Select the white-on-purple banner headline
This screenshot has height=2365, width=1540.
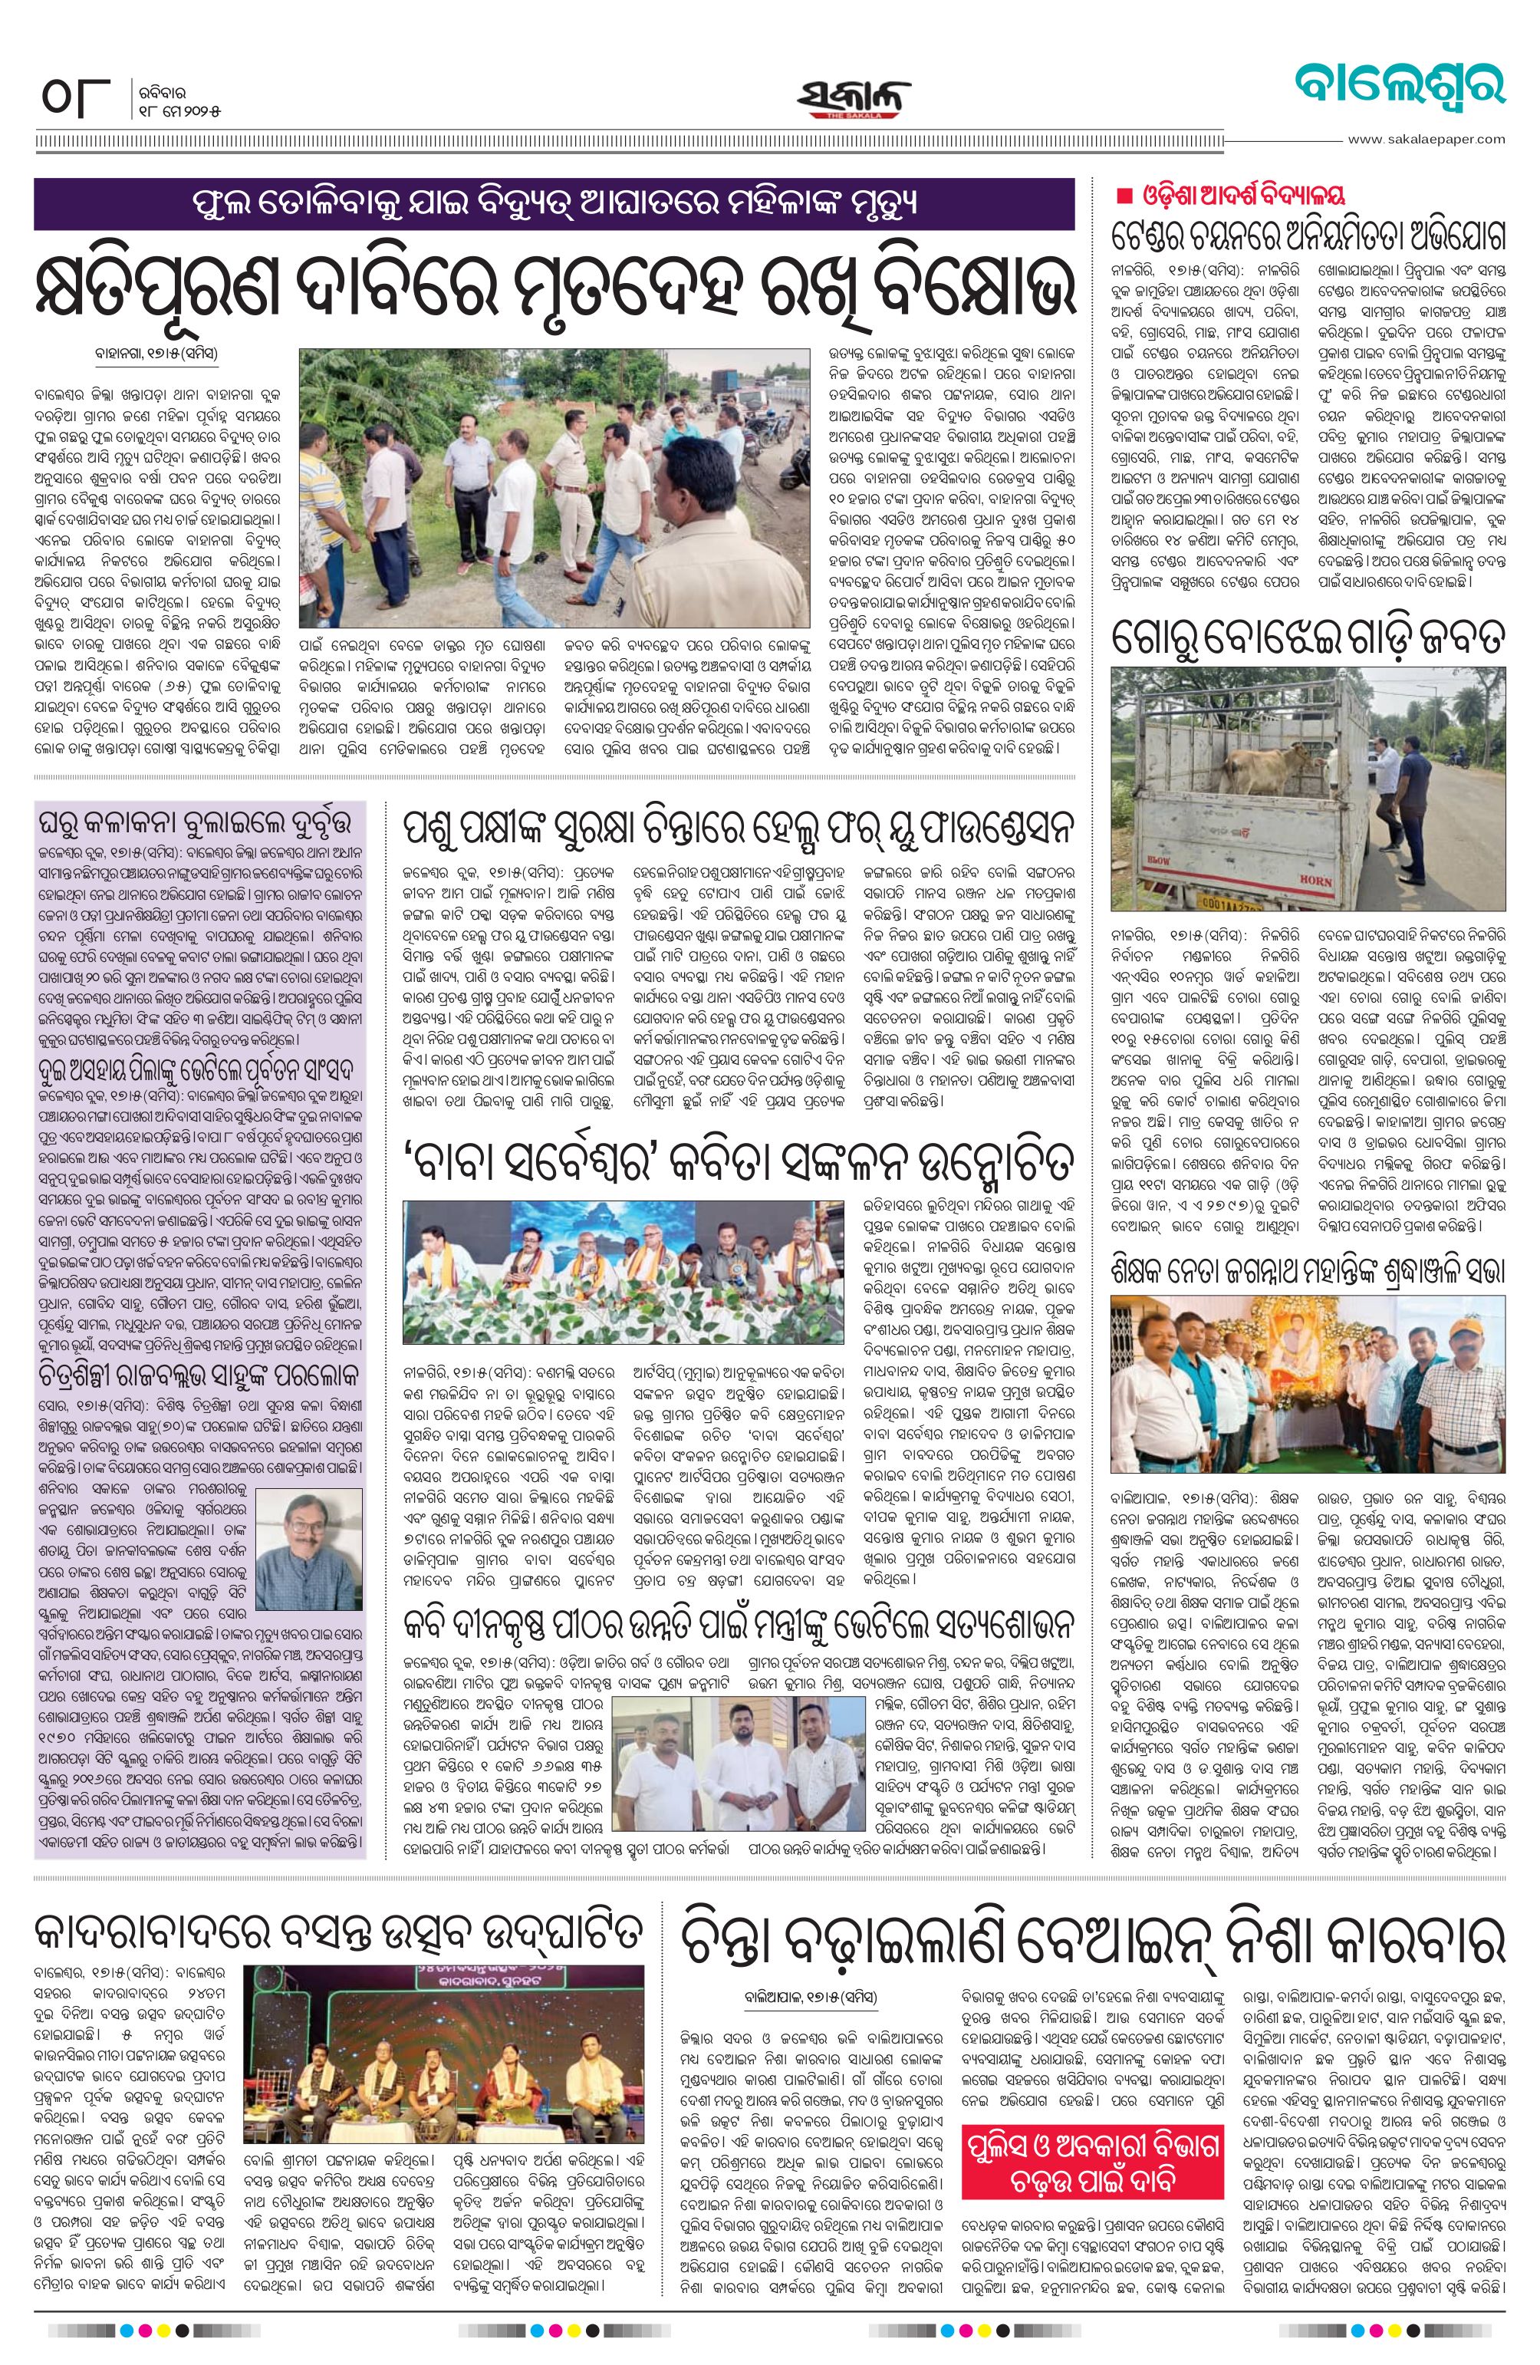click(554, 204)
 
